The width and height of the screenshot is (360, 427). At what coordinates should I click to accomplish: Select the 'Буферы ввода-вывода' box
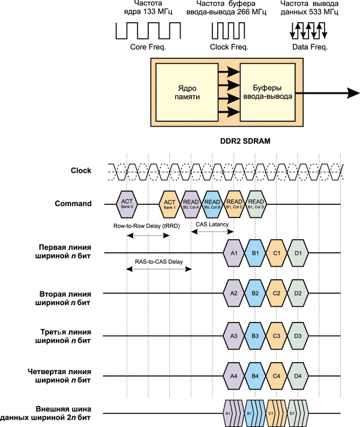pos(272,91)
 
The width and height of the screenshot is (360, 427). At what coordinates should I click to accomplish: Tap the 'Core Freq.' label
pos(146,47)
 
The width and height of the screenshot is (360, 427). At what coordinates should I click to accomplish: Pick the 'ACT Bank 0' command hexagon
pos(127,204)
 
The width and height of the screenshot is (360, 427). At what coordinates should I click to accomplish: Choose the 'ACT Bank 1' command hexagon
pos(169,204)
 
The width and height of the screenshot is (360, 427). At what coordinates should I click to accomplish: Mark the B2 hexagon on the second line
pos(255,293)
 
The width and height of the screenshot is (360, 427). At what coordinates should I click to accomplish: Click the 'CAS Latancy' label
pos(212,223)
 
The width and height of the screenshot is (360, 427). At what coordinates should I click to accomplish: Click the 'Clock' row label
pos(80,171)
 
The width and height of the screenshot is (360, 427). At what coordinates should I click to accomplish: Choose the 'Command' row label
pos(73,204)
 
